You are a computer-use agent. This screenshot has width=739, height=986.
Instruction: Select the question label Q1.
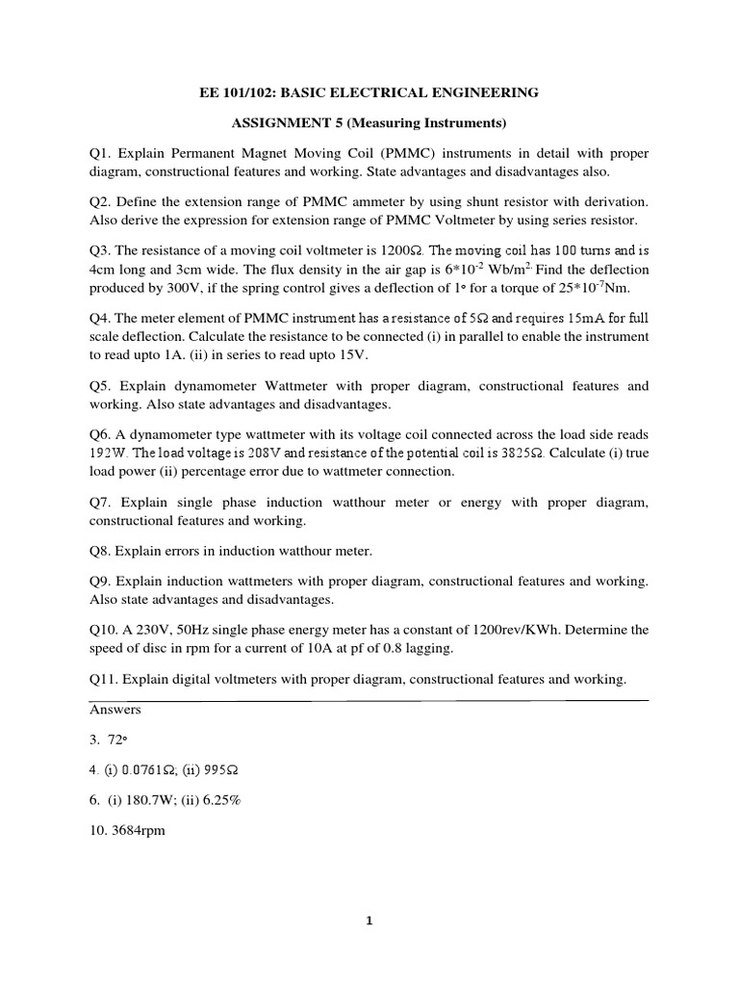click(x=100, y=154)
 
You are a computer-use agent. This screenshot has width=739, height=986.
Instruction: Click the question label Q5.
click(x=100, y=386)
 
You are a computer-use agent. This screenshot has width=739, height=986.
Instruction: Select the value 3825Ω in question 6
click(x=516, y=453)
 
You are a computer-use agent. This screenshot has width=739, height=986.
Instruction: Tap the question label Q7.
click(x=100, y=502)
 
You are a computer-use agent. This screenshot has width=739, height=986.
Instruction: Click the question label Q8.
click(x=100, y=551)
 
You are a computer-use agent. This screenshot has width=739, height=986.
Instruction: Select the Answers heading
click(x=115, y=710)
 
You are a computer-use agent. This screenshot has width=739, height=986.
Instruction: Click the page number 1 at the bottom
click(x=369, y=921)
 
